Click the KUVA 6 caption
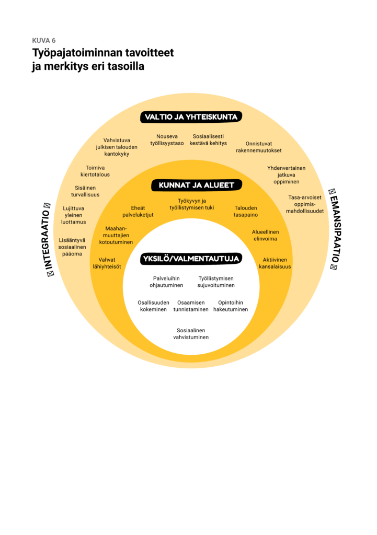(x=43, y=41)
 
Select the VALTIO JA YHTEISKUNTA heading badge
(x=191, y=117)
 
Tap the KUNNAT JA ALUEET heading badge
(x=193, y=185)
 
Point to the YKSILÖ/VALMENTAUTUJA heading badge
(x=191, y=259)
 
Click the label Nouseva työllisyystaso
(x=167, y=140)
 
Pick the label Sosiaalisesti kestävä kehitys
(x=208, y=140)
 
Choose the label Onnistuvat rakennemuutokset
(x=258, y=147)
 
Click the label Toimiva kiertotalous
(x=95, y=171)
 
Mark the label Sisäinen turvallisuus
(x=85, y=191)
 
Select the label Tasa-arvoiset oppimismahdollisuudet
(x=305, y=204)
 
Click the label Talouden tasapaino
(x=245, y=212)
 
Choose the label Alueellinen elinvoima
(x=265, y=235)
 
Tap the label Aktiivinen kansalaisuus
(x=275, y=263)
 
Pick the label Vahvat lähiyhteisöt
(x=107, y=263)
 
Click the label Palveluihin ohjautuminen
(x=166, y=282)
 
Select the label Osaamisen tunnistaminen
(x=191, y=306)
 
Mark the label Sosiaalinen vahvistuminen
(x=191, y=334)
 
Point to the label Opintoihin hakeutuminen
(x=231, y=306)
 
